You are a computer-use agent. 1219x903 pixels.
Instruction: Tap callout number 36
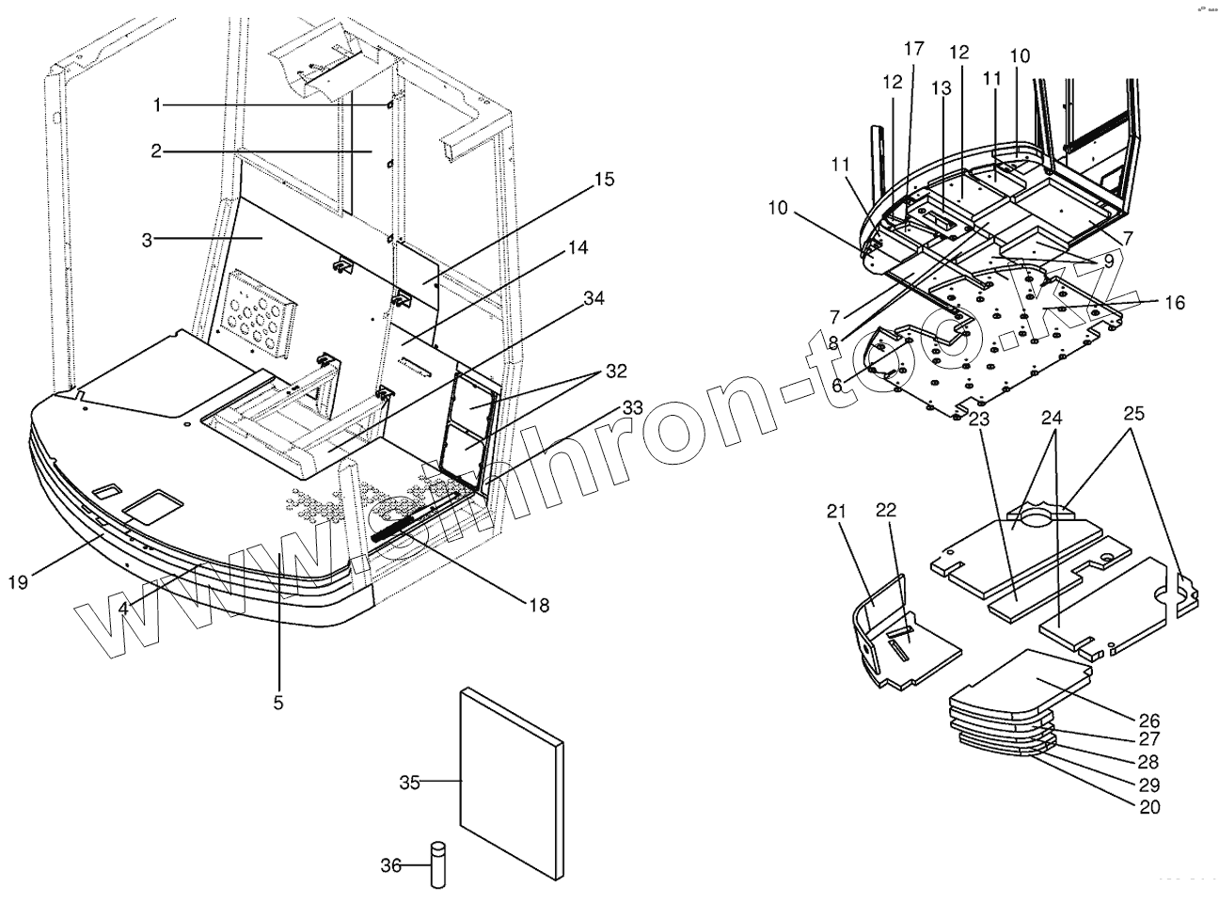coord(391,863)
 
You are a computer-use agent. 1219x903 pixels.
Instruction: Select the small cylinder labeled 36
coord(437,863)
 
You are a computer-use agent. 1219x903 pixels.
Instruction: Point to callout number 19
coord(19,582)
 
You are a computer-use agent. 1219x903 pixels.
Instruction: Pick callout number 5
coord(278,702)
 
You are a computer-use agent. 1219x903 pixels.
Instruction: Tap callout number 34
coord(593,298)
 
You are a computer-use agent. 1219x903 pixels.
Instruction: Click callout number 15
coord(604,179)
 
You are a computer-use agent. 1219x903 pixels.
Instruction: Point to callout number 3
coord(147,240)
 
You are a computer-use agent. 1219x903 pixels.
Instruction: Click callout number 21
coord(836,512)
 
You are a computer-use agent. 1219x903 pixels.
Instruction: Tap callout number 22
coord(886,510)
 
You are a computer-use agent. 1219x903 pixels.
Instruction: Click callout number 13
coord(942,87)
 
